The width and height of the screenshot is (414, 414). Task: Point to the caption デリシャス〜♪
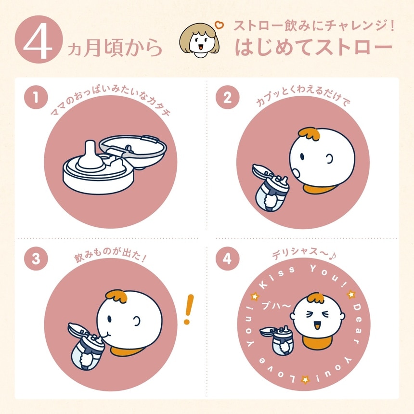(303, 254)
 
